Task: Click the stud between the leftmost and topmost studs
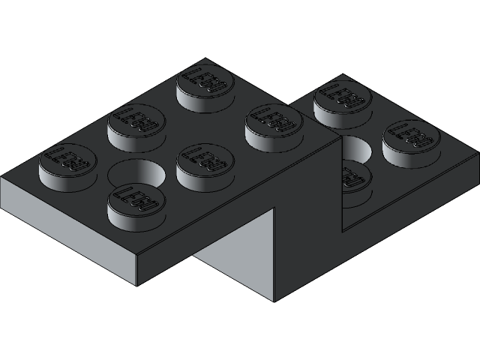(137, 121)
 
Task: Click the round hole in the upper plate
(137, 175)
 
